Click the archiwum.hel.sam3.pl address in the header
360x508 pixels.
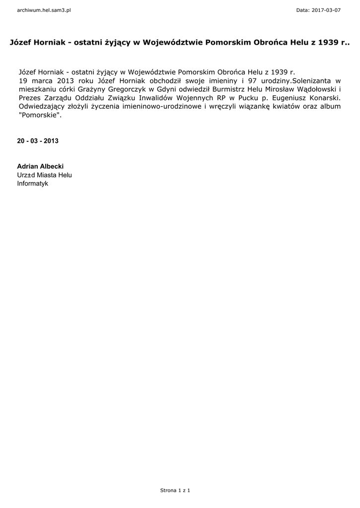tap(44, 10)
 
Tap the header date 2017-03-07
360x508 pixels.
tap(325, 10)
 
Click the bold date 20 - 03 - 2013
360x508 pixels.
tap(38, 141)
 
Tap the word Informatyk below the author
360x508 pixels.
tap(33, 183)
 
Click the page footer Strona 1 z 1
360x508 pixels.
tap(175, 490)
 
